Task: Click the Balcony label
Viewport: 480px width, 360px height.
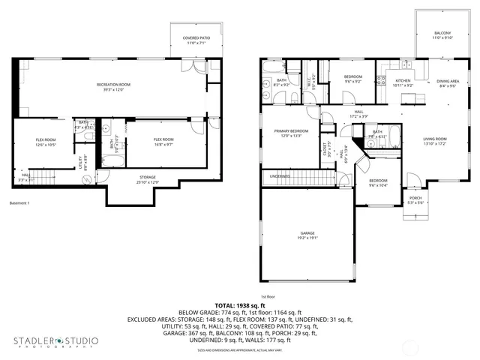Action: [442, 34]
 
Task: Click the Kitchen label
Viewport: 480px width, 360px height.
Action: [403, 81]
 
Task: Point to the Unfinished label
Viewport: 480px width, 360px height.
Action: [280, 177]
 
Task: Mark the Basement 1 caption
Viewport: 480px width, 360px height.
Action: [19, 203]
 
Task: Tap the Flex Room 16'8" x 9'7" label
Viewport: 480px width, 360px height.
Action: [164, 141]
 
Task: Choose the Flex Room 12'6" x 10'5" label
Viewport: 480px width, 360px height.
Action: [46, 141]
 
